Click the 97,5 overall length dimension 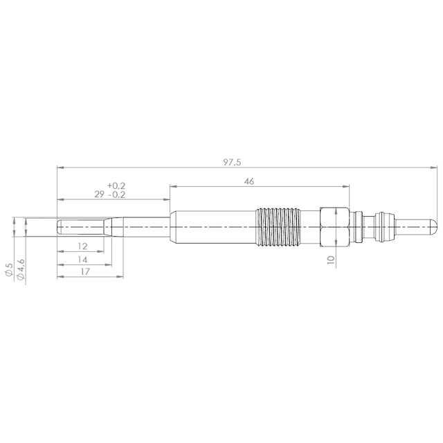click(x=232, y=163)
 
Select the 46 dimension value click(x=249, y=181)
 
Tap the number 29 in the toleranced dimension click(x=99, y=195)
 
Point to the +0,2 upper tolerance click(x=116, y=186)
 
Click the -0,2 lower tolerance click(x=117, y=195)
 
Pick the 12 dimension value click(x=82, y=246)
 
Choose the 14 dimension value click(x=82, y=260)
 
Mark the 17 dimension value click(x=84, y=271)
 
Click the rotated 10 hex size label click(x=331, y=260)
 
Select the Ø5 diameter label click(x=9, y=269)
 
